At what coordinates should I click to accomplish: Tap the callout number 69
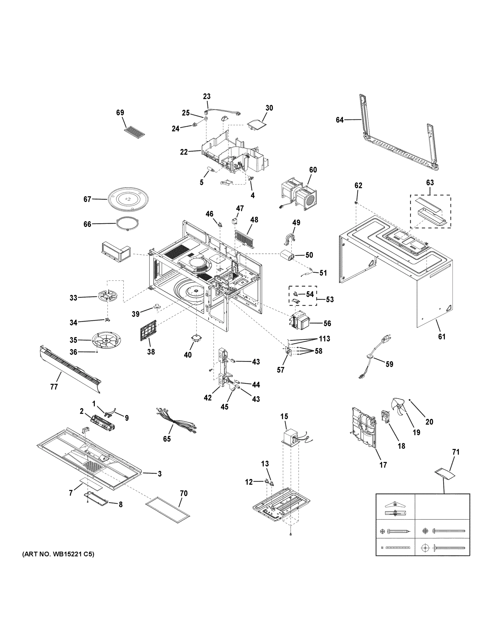[x=120, y=113]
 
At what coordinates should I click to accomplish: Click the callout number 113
[x=324, y=339]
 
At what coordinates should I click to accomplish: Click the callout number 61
[x=442, y=337]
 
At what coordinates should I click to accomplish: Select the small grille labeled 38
[x=148, y=330]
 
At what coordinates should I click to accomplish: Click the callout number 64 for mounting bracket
[x=339, y=120]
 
